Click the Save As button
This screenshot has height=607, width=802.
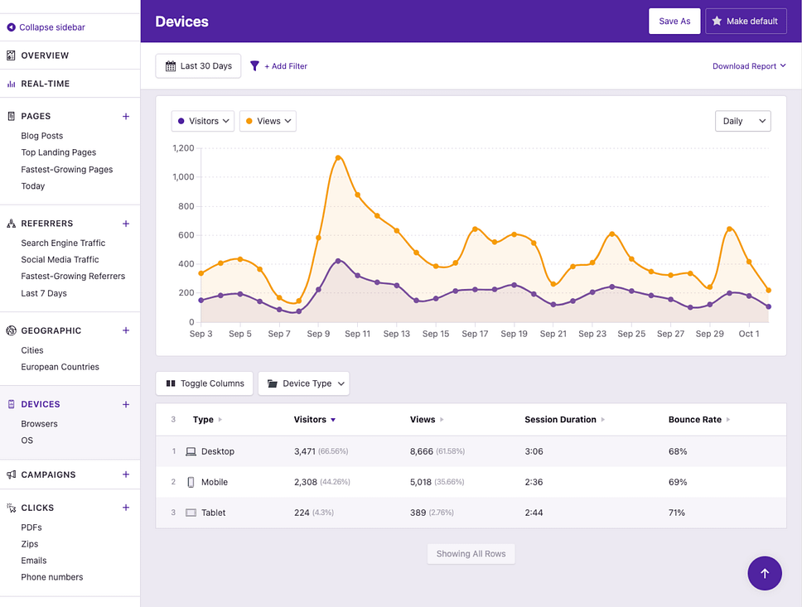click(x=674, y=22)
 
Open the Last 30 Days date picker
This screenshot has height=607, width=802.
click(x=198, y=66)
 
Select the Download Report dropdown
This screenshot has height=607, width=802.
click(x=749, y=66)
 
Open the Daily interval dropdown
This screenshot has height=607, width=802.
click(x=742, y=121)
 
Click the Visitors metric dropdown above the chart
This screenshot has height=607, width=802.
click(x=203, y=121)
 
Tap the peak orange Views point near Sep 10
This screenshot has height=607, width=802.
click(x=338, y=157)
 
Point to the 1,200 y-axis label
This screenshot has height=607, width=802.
click(x=183, y=148)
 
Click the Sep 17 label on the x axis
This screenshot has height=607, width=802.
click(x=475, y=334)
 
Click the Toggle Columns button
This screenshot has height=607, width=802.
click(x=205, y=383)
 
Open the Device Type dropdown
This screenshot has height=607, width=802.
click(x=304, y=383)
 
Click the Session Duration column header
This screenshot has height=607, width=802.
click(x=561, y=420)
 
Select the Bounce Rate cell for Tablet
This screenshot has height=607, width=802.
click(x=677, y=513)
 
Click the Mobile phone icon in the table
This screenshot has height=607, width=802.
click(x=191, y=482)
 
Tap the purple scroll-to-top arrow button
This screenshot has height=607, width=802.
click(x=764, y=573)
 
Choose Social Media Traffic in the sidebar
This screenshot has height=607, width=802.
click(x=60, y=260)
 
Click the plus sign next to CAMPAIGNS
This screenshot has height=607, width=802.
click(x=126, y=475)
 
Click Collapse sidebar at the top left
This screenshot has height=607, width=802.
click(x=51, y=27)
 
